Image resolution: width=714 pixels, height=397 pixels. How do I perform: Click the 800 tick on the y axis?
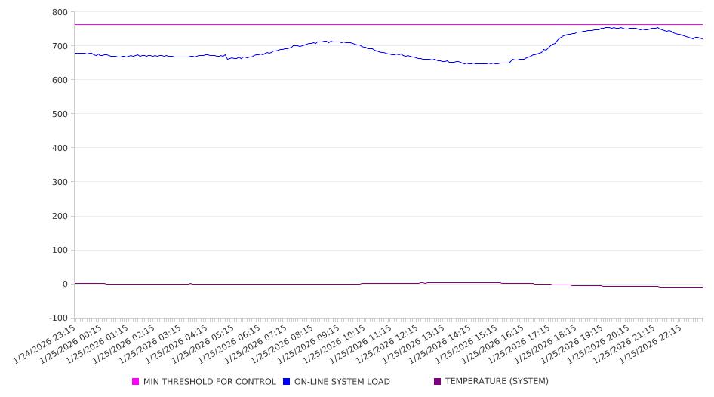60,12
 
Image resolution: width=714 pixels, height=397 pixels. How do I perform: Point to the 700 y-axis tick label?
60,46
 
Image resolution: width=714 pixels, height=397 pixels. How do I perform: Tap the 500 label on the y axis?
60,114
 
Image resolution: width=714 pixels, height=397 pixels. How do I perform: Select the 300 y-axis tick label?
60,182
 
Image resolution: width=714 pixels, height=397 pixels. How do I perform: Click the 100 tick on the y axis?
60,250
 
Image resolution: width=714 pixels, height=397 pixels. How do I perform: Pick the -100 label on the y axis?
57,318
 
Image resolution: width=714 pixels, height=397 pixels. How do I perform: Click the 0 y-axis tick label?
65,284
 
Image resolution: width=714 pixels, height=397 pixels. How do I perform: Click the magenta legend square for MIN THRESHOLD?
136,382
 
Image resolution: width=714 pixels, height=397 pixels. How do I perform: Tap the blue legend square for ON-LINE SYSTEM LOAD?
287,382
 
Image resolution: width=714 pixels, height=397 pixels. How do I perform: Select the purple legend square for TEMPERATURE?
438,382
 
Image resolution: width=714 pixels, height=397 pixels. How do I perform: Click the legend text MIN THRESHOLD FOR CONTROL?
209,382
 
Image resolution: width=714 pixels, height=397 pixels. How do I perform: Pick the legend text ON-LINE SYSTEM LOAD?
342,382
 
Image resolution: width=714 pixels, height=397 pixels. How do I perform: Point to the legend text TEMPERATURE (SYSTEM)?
497,382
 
